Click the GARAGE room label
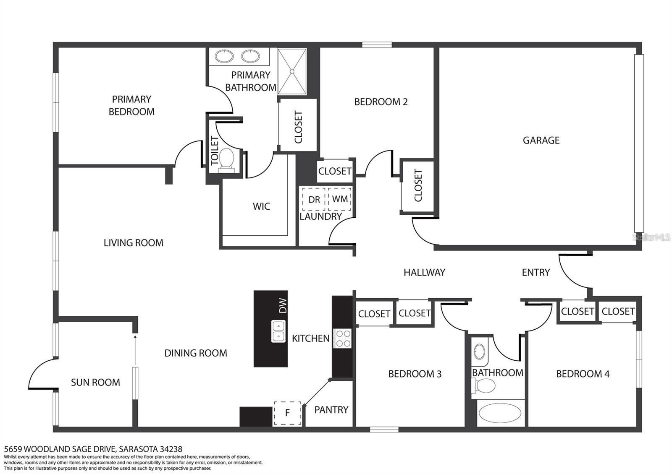(x=541, y=140)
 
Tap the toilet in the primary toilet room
(x=226, y=160)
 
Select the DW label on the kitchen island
(x=283, y=306)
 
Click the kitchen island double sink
(x=278, y=331)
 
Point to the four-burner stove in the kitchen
(x=342, y=339)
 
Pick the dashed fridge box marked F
(x=287, y=413)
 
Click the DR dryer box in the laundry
(x=314, y=199)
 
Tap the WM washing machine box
(x=340, y=199)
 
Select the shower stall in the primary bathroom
(x=292, y=72)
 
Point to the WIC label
(x=261, y=206)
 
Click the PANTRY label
(x=331, y=409)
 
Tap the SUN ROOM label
(x=95, y=382)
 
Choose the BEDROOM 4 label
(x=583, y=374)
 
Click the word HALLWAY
(x=424, y=272)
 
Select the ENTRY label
(x=536, y=272)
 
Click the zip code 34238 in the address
(x=171, y=449)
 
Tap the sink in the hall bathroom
(x=479, y=352)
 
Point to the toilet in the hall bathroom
(x=483, y=386)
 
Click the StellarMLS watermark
(x=651, y=237)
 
